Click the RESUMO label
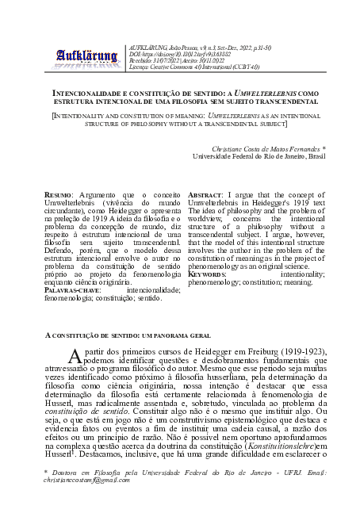59,195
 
